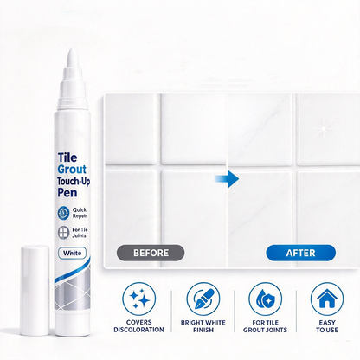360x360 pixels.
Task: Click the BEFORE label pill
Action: tap(151, 253)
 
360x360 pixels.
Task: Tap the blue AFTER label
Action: tap(300, 253)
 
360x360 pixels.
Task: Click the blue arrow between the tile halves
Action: tap(227, 179)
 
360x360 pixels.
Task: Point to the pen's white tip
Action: tap(72, 58)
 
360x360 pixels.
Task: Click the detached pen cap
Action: tap(35, 290)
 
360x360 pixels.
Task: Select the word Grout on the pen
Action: tap(72, 170)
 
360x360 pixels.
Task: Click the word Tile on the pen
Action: tap(67, 157)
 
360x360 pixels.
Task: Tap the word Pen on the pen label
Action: tap(67, 192)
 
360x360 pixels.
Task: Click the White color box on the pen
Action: tap(72, 254)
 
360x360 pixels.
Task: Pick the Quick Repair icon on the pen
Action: tap(63, 213)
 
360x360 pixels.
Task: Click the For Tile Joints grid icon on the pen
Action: tap(63, 233)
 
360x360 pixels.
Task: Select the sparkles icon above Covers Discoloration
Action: tap(139, 299)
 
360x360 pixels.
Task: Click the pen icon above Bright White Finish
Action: tap(203, 299)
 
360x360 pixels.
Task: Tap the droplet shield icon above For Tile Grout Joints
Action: tap(265, 299)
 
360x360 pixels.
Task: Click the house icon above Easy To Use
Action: tap(327, 299)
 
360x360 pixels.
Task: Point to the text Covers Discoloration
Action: tap(138, 326)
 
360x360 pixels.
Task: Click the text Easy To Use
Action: tap(327, 326)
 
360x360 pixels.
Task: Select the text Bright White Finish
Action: tap(203, 326)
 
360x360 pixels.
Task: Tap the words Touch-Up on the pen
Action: tap(74, 181)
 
